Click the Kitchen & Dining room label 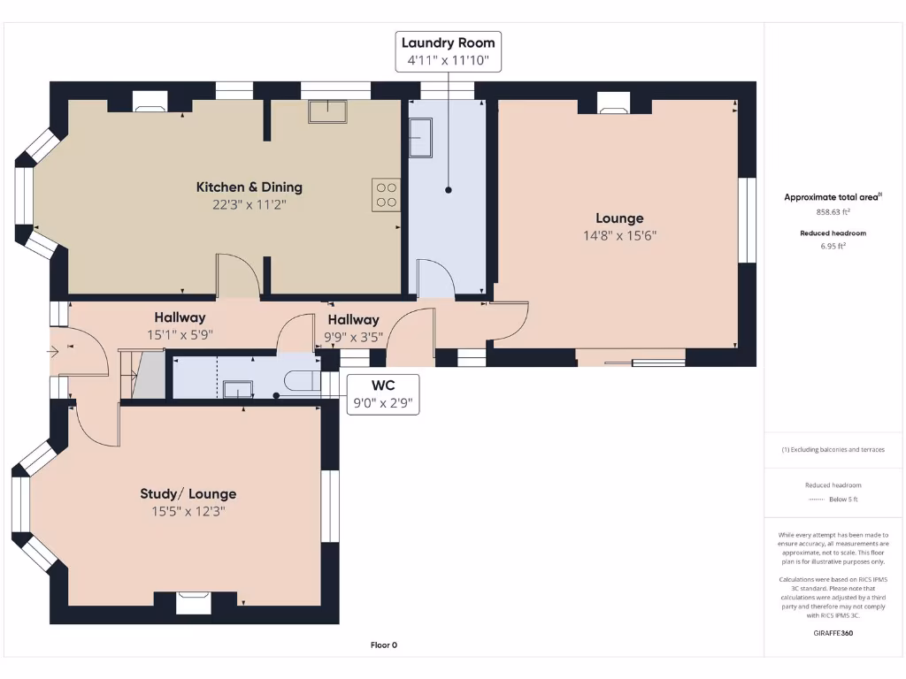(249, 187)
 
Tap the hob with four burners (386, 194)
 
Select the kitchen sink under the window (327, 111)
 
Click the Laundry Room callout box (449, 51)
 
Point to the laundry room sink (418, 138)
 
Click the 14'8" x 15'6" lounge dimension (619, 235)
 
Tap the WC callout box (382, 394)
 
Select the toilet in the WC (302, 380)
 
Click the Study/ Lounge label (188, 493)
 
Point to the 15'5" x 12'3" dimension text (188, 511)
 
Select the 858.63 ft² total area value (832, 212)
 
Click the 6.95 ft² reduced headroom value (832, 247)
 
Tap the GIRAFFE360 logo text (832, 633)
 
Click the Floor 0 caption (383, 645)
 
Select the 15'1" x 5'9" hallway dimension (180, 335)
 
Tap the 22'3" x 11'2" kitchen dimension (249, 204)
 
